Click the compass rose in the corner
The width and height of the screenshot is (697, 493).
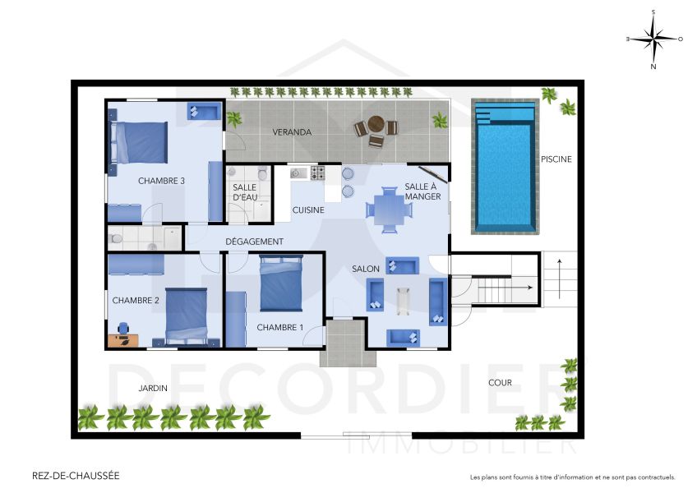[653, 39]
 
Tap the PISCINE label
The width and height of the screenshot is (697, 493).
[556, 159]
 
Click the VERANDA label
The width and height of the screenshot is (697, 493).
[292, 132]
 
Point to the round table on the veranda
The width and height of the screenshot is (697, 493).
[376, 126]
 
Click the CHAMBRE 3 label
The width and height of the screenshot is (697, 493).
[161, 181]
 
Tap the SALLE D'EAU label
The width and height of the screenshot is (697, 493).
[245, 192]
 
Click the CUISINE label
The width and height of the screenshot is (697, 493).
[308, 210]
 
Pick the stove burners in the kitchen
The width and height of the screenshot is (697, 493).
[316, 173]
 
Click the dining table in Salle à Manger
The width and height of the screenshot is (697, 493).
[389, 205]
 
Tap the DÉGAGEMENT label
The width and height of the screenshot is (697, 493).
[255, 242]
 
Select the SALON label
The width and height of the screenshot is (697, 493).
[365, 270]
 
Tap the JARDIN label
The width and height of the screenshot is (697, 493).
[153, 388]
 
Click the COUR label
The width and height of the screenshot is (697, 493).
[500, 383]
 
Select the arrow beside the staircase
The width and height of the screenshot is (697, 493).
[560, 277]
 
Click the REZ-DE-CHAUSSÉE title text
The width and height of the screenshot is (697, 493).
[75, 476]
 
